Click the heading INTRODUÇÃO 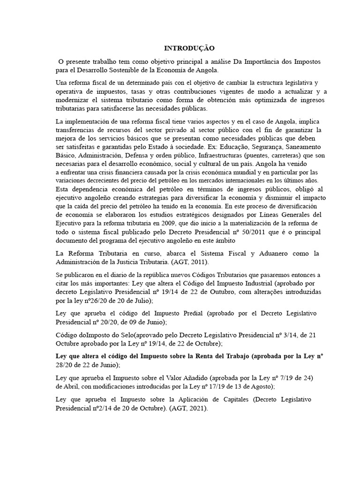point(189,48)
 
